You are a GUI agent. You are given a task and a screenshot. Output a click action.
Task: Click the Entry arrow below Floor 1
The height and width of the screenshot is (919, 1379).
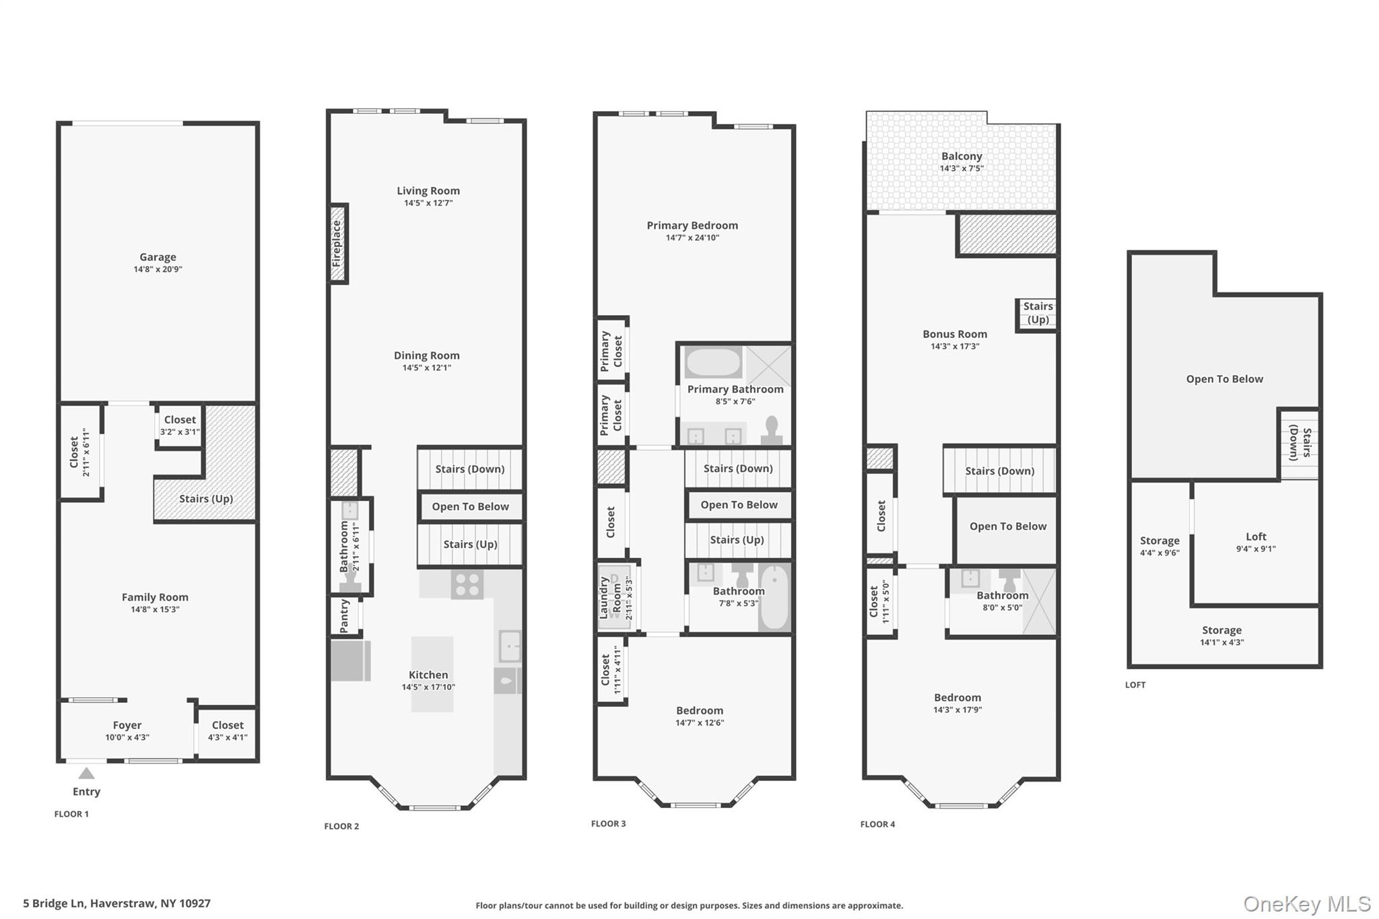click(86, 773)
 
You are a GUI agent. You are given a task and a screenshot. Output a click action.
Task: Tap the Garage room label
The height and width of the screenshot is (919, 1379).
click(158, 257)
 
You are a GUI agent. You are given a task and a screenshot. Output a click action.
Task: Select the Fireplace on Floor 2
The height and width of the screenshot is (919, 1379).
click(337, 243)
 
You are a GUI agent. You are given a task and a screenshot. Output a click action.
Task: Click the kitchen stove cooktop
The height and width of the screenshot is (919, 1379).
click(467, 584)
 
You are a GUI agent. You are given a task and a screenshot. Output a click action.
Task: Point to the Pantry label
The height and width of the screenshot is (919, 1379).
click(344, 616)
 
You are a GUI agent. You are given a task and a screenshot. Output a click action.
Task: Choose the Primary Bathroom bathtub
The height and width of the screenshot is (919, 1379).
click(714, 363)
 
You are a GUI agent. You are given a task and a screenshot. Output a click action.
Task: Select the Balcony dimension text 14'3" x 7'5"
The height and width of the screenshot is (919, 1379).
click(962, 168)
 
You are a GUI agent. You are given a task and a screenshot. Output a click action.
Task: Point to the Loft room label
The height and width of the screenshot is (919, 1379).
click(1256, 537)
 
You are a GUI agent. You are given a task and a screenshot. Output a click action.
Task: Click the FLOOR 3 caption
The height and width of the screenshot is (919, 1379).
click(608, 823)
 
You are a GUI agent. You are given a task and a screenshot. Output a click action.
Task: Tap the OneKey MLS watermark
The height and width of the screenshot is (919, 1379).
click(1307, 904)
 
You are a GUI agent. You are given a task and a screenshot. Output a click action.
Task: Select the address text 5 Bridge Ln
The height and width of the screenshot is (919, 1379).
click(54, 904)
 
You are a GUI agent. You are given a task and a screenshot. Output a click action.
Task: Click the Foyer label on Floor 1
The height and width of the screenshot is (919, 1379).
click(127, 725)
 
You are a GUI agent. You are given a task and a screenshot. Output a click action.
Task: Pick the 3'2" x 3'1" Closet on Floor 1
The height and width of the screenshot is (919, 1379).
click(179, 426)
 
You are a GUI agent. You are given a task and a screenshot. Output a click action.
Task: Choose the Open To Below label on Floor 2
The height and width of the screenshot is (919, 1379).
click(470, 506)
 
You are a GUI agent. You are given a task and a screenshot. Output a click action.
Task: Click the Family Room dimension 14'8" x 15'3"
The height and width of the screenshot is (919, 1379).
click(155, 610)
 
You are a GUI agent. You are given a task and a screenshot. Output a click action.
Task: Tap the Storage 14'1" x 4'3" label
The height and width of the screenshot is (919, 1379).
click(1221, 636)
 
